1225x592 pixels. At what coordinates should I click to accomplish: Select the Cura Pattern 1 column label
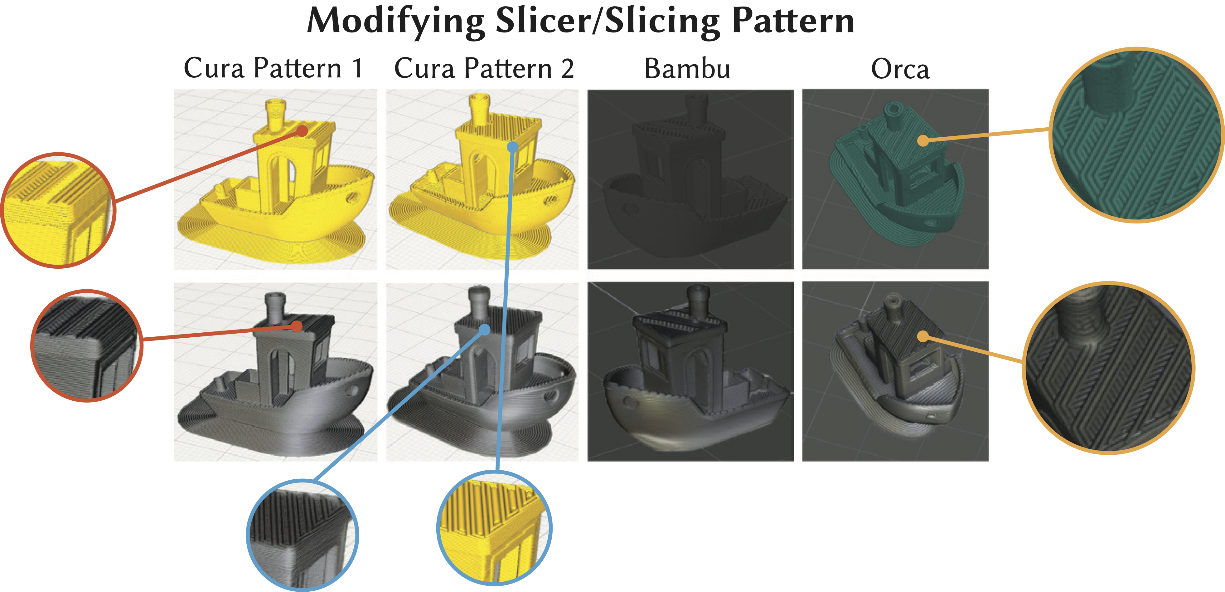click(x=274, y=68)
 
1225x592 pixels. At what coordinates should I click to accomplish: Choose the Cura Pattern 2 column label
click(x=484, y=68)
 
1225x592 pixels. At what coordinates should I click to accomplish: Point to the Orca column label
click(x=900, y=69)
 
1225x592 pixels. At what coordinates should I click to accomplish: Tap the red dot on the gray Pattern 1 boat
click(x=297, y=326)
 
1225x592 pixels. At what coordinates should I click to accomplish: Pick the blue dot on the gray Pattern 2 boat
click(x=485, y=329)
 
